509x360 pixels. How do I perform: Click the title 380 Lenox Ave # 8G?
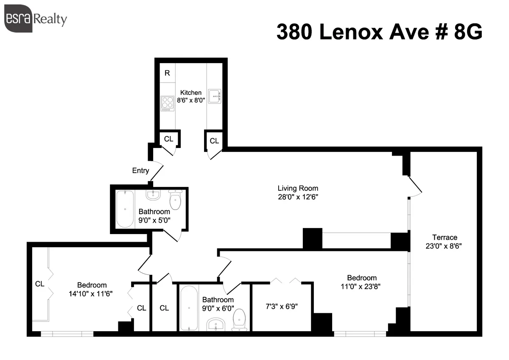click(x=379, y=32)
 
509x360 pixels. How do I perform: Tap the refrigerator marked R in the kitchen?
click(x=167, y=73)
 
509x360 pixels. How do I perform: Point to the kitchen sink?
click(x=214, y=97)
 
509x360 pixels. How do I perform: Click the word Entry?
click(x=140, y=171)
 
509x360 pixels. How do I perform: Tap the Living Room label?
click(x=298, y=188)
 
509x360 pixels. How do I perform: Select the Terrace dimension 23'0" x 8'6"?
click(x=445, y=246)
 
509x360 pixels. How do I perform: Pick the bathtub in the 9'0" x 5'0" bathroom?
click(x=124, y=209)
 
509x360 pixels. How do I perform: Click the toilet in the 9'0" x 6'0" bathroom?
click(x=240, y=319)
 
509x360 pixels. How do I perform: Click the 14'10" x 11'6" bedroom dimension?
click(x=92, y=293)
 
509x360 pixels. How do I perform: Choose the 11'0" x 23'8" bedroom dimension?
click(x=362, y=286)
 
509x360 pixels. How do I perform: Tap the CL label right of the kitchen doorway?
click(x=214, y=141)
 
